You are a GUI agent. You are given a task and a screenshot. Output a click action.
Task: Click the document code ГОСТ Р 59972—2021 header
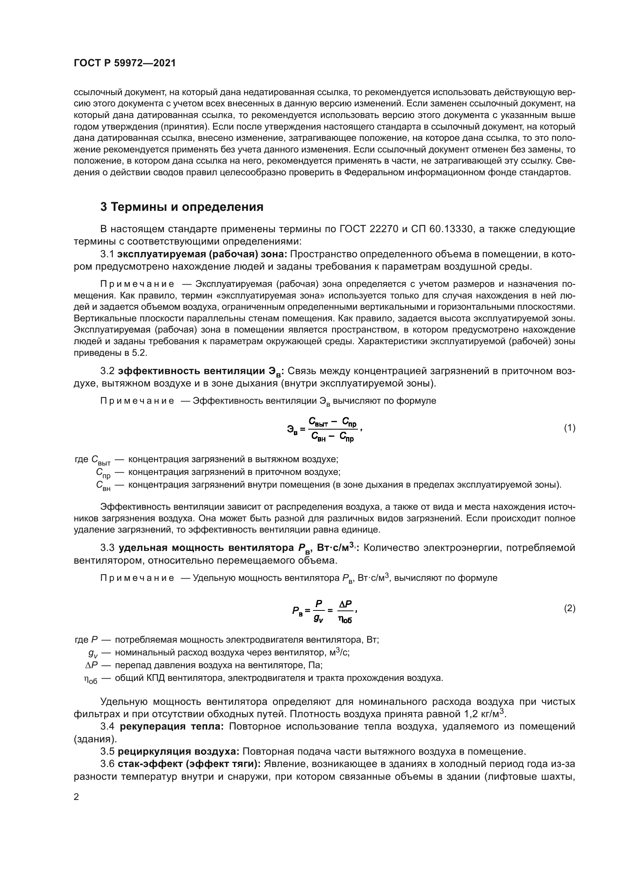125,63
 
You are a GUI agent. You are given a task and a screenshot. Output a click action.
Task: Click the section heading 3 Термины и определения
182,207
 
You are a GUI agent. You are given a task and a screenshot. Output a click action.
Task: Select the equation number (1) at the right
570,428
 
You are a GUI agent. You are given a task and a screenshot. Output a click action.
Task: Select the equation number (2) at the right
570,609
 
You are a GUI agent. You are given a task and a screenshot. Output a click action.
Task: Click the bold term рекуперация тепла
172,727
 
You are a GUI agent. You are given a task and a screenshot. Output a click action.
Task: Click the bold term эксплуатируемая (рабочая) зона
203,254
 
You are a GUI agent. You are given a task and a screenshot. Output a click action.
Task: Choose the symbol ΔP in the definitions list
91,666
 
